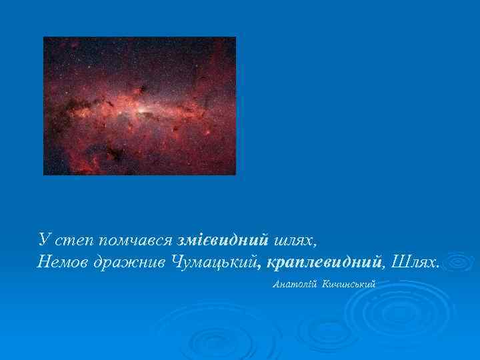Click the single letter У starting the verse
point(44,239)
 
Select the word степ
point(71,240)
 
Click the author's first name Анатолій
point(295,285)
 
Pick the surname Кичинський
point(349,285)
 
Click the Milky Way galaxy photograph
point(139,105)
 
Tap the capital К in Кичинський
point(325,285)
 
